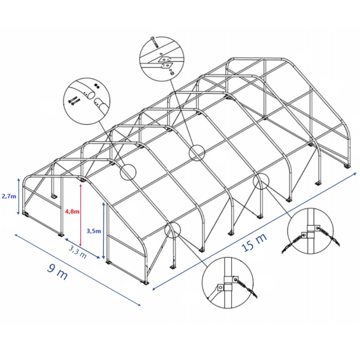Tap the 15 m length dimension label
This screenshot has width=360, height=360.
click(255, 242)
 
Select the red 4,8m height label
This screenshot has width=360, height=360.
click(72, 211)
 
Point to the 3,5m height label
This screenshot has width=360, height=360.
click(94, 231)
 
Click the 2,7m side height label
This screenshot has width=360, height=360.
click(9, 196)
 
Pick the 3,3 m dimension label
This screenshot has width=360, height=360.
click(78, 251)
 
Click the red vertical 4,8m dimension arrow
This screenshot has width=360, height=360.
click(81, 215)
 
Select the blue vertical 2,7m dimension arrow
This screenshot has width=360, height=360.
click(19, 196)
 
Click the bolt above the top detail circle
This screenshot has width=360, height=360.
click(154, 42)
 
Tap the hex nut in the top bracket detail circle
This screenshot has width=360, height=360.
click(171, 73)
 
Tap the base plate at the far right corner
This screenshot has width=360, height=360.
click(347, 166)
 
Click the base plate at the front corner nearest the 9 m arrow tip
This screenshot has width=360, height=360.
click(145, 282)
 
